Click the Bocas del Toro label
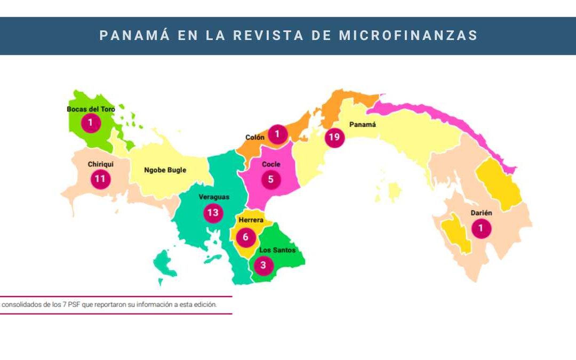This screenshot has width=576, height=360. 91,109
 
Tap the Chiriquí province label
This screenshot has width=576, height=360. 100,164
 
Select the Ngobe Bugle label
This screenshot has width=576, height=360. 165,170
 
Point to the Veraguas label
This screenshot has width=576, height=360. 214,197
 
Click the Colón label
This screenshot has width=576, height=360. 254,137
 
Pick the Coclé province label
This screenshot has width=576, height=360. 271,164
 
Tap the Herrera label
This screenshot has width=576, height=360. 251,220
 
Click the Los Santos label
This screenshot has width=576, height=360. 277,250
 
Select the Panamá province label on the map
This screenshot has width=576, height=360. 362,125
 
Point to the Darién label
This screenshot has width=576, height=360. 481,213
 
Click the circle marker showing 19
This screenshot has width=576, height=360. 334,137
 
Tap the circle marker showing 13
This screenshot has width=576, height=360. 213,213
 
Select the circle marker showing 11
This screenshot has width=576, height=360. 100,179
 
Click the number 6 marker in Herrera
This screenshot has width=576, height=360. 246,237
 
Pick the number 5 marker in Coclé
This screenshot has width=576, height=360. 271,180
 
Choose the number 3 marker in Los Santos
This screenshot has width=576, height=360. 263,265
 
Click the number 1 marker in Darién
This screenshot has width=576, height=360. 481,229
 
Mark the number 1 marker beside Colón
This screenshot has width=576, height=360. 277,134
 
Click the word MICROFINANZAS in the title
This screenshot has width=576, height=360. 409,36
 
